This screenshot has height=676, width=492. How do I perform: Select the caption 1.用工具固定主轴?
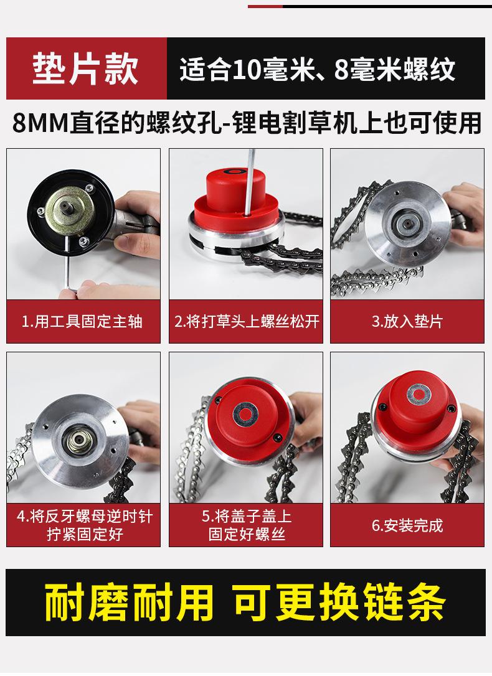click(83, 321)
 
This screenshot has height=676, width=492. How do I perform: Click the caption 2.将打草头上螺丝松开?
click(246, 321)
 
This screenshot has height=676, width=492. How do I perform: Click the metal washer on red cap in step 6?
click(414, 394)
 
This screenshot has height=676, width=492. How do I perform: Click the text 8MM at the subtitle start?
click(37, 123)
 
